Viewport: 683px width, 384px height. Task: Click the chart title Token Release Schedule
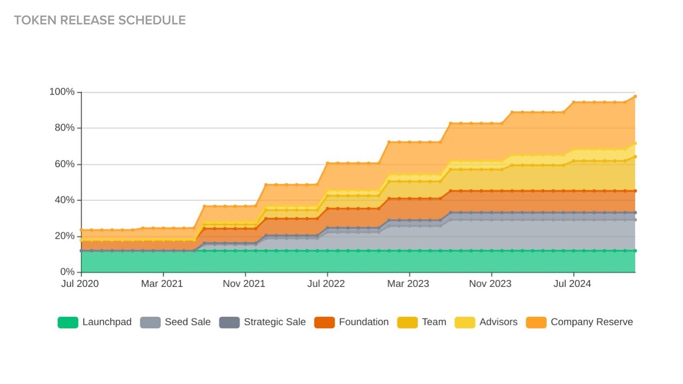coord(100,20)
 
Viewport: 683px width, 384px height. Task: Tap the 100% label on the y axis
coord(62,92)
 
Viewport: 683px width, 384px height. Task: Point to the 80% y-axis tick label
coord(65,127)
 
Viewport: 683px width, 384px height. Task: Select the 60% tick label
coord(65,164)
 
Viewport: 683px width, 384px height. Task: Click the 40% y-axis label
coord(65,200)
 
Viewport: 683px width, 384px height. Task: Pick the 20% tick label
coord(65,236)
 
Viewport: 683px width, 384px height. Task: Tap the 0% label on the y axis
coord(67,271)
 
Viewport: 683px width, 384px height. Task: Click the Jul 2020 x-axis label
coord(80,284)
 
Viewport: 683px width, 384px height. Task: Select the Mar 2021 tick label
coord(162,284)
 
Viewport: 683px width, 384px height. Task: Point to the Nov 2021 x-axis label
coord(244,284)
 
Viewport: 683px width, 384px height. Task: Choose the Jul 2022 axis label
coord(326,284)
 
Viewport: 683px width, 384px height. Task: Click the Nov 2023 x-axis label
coord(490,284)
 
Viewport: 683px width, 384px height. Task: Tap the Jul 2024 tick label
coord(572,284)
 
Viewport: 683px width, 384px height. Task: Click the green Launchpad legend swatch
coord(68,323)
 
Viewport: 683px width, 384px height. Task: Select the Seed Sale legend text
coord(188,322)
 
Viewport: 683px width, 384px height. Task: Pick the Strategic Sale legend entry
coord(263,322)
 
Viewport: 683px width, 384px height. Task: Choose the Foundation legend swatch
coord(324,323)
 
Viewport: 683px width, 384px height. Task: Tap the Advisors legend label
coord(498,322)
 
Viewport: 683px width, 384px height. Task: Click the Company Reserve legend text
coord(592,322)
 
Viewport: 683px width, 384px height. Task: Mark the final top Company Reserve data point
coord(635,97)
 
